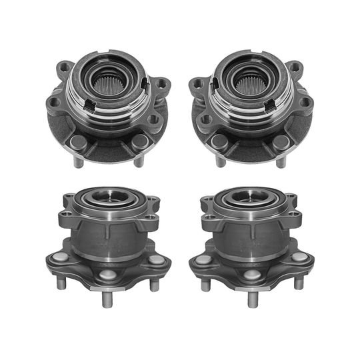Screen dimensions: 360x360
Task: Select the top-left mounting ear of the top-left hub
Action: [x=65, y=67]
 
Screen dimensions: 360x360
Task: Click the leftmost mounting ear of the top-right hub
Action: [x=196, y=85]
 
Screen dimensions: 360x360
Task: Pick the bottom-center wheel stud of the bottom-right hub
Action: [x=252, y=298]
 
